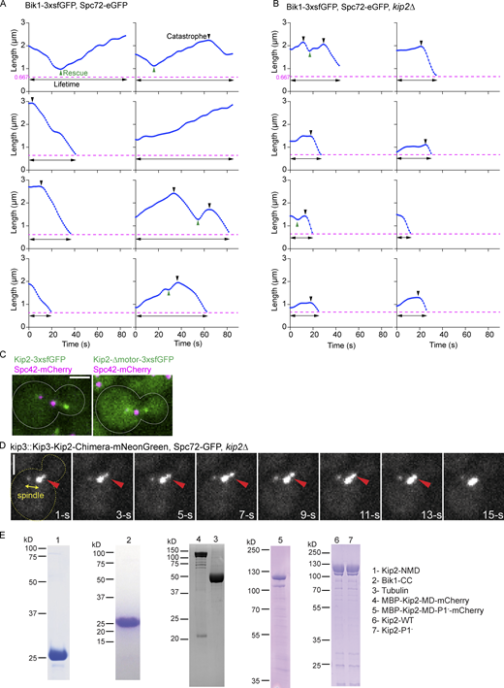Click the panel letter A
coord(5,6)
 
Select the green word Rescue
coord(77,71)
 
